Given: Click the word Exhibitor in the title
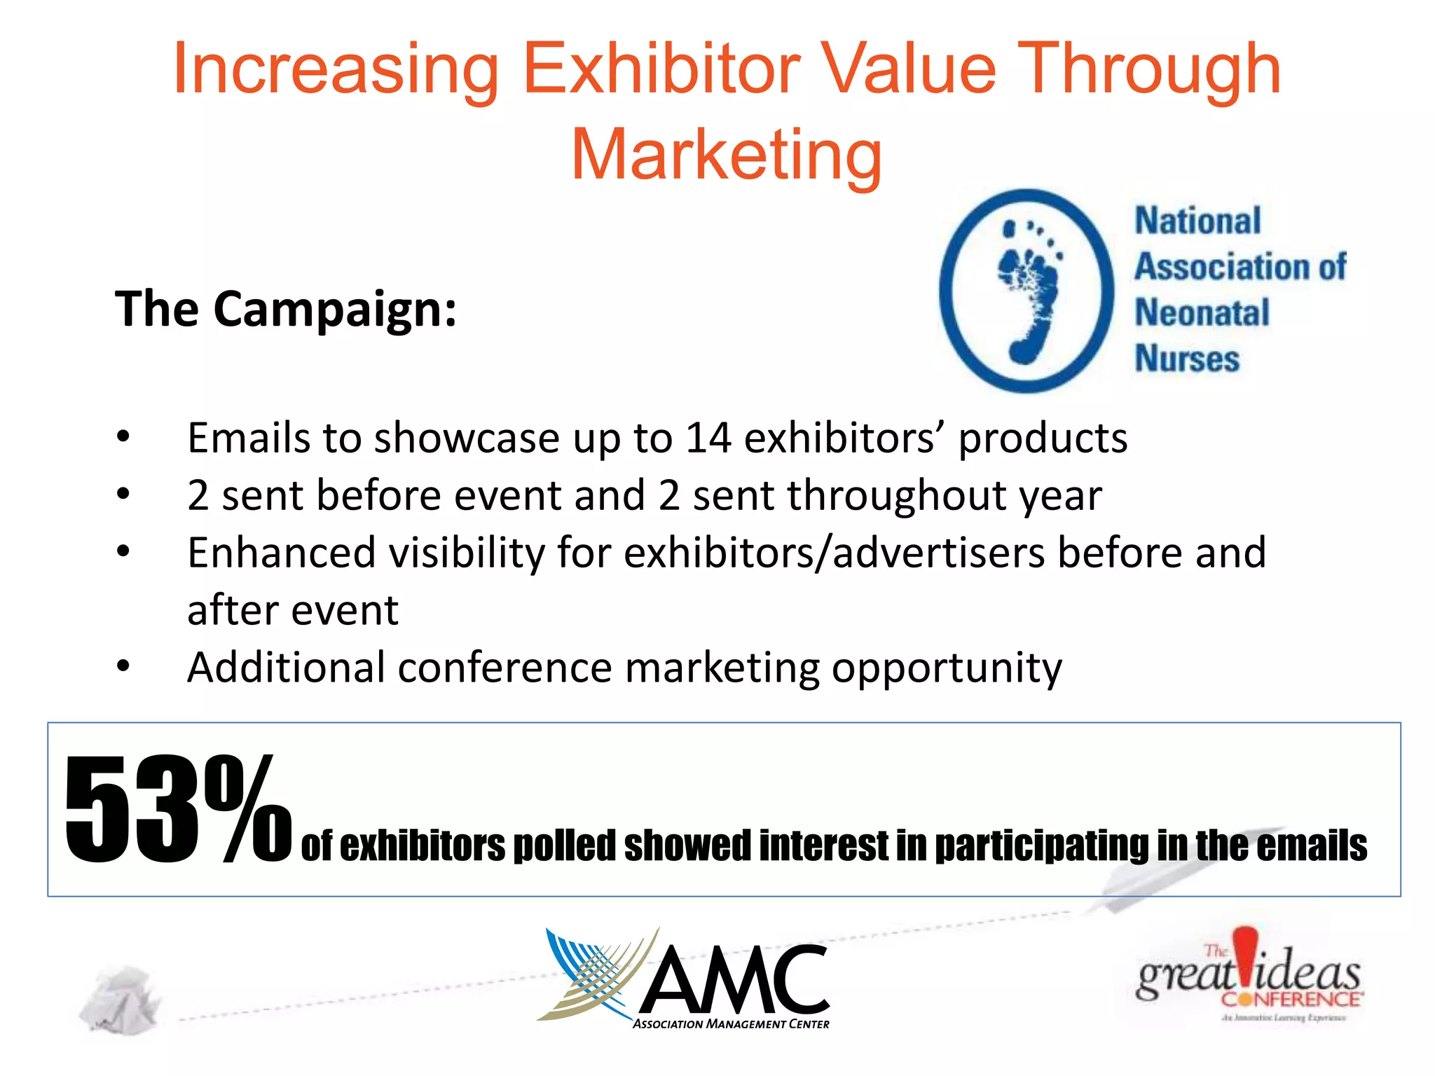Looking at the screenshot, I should (x=661, y=69).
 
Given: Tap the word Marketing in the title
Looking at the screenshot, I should (x=726, y=155).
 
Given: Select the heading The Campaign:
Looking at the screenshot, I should (x=286, y=309).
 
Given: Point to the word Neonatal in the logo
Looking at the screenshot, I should (x=1202, y=312).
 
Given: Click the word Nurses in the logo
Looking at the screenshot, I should (x=1187, y=358).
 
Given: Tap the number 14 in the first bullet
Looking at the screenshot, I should (x=708, y=439).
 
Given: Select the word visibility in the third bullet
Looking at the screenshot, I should (x=467, y=553).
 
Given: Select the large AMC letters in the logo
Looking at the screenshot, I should (x=734, y=979).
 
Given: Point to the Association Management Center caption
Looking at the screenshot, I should (x=731, y=1024).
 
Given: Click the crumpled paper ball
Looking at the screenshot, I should (x=120, y=999).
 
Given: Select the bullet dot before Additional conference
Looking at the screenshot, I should (x=123, y=666).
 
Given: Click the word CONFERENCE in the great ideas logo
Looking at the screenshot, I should (x=1291, y=998).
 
